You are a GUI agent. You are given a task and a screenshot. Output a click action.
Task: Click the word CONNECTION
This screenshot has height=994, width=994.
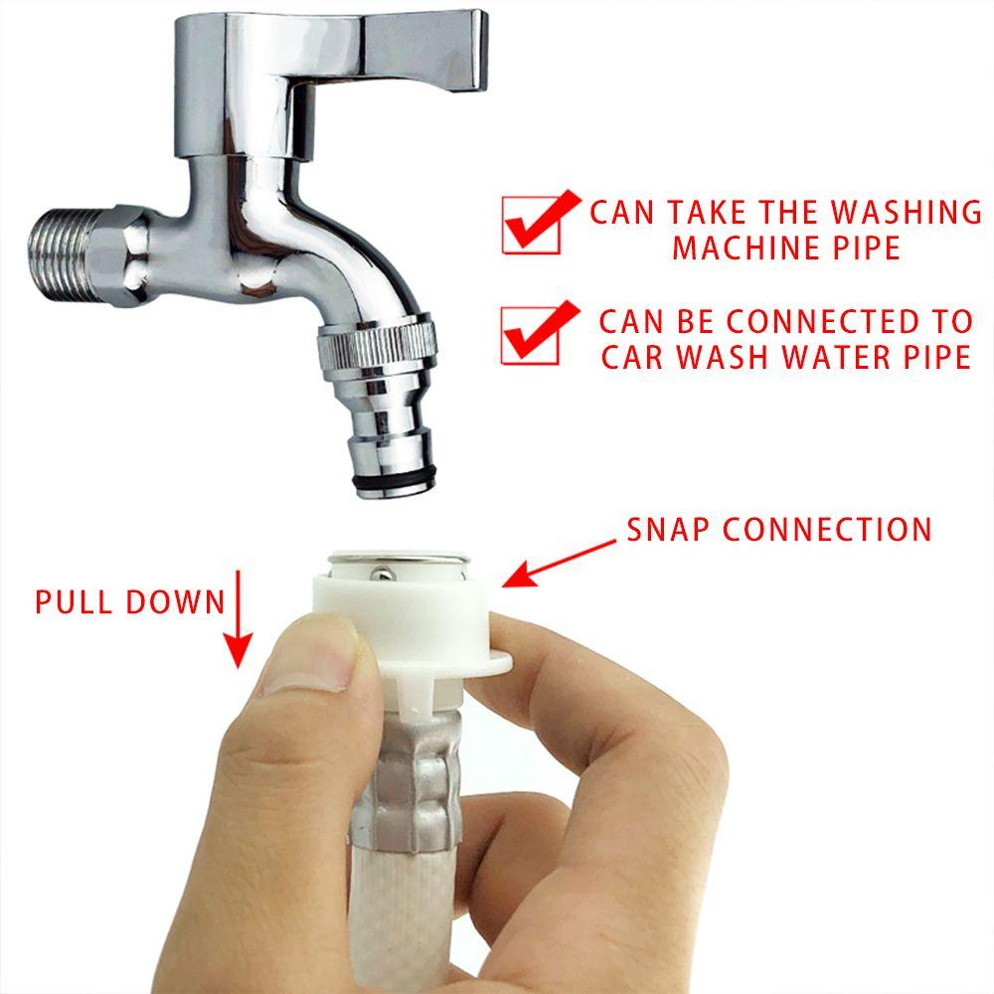point(827,529)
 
